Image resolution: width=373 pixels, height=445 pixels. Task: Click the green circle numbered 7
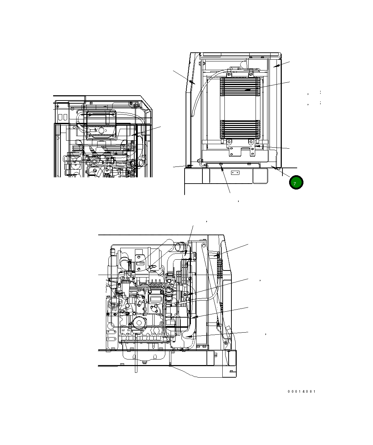click(296, 183)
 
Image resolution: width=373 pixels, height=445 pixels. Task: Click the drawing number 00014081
click(301, 392)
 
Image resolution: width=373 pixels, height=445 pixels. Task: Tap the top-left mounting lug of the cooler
click(229, 74)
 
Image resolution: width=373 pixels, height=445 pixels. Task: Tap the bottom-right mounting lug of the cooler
click(251, 142)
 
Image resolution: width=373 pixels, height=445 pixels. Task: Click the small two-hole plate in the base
click(235, 172)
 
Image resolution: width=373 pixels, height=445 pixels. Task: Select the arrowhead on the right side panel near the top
click(276, 66)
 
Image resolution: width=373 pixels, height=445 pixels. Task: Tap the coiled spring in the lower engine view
click(219, 265)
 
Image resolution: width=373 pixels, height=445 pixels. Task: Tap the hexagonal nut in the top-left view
click(101, 130)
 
